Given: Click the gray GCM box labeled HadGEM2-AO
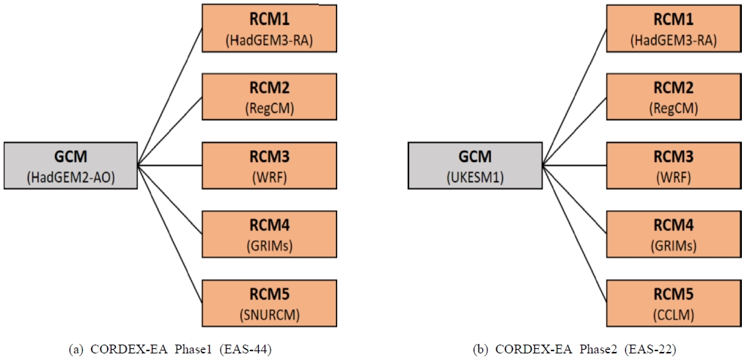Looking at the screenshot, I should pyautogui.click(x=70, y=164).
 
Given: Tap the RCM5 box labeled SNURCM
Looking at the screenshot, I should pyautogui.click(x=268, y=301).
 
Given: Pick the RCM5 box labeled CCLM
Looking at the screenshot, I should pyautogui.click(x=672, y=301).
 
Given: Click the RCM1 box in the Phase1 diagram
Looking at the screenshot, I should pyautogui.click(x=268, y=28).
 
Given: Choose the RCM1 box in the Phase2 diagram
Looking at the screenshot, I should pyautogui.click(x=672, y=28).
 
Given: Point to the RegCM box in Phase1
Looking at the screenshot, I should pyautogui.click(x=268, y=97).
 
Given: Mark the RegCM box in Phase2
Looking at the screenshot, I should pyautogui.click(x=672, y=97).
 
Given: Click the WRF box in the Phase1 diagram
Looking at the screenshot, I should pyautogui.click(x=268, y=165).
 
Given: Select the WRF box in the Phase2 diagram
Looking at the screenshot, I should pyautogui.click(x=672, y=165).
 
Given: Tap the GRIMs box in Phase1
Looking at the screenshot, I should pyautogui.click(x=268, y=233).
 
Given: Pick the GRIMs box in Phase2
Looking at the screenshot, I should pyautogui.click(x=672, y=233).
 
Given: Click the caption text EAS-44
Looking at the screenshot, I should pyautogui.click(x=247, y=349).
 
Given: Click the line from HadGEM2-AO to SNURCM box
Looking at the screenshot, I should pyautogui.click(x=170, y=235).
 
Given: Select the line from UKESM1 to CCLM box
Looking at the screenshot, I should pyautogui.click(x=574, y=235).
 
